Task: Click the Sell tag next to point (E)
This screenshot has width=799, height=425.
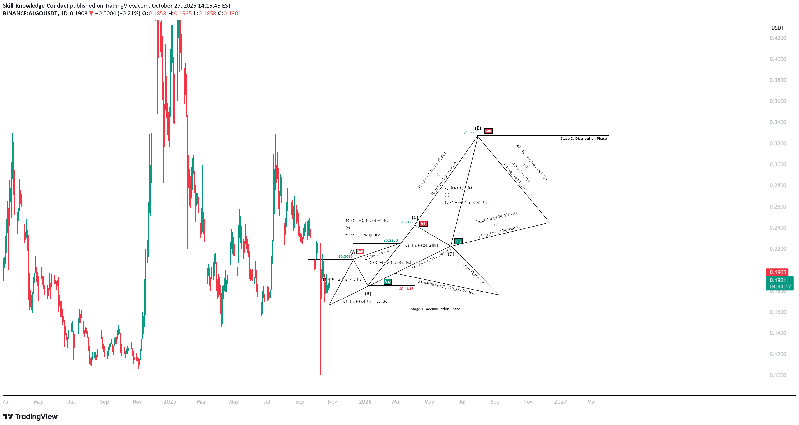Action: coord(488,131)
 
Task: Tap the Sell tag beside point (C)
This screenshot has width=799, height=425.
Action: coord(423,223)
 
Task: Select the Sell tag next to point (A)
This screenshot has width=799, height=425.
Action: coord(360,251)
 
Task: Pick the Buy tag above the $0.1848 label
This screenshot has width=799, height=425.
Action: coord(387,282)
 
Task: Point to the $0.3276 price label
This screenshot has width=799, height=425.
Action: coord(470,132)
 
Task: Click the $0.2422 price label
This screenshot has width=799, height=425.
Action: coord(407,222)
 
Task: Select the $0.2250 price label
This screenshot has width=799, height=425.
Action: coord(391,240)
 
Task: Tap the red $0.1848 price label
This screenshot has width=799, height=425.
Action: coord(406,289)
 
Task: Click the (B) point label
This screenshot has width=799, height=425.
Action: coord(368,293)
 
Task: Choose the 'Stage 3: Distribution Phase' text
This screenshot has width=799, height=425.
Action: coord(583,139)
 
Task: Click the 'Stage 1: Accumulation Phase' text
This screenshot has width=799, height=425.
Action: coord(435,309)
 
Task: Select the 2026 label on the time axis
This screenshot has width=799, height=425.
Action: coord(365,402)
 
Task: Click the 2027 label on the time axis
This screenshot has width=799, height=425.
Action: coord(560,402)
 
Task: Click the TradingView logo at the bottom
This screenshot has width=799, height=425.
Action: coord(30,416)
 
